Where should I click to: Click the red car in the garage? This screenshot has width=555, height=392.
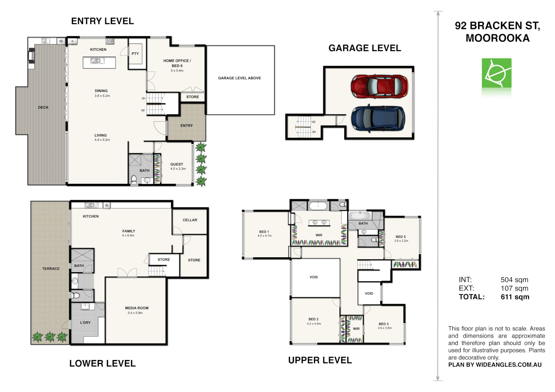[x=379, y=86]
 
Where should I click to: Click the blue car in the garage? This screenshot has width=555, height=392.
[x=378, y=118]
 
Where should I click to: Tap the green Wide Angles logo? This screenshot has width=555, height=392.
[x=497, y=73]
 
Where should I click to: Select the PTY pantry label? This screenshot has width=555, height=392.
[x=135, y=54]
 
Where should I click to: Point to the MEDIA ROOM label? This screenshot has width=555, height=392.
[x=137, y=308]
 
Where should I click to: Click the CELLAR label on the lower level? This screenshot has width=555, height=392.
[x=190, y=220]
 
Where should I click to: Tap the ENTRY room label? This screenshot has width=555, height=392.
[x=186, y=126]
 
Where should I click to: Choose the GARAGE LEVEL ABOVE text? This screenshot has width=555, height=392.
[x=239, y=78]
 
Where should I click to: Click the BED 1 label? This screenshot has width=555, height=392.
[x=264, y=232]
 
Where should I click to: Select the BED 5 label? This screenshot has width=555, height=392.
[x=401, y=237]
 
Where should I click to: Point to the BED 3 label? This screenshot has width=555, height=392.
[x=384, y=324]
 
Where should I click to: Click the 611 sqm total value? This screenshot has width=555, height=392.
[x=515, y=297]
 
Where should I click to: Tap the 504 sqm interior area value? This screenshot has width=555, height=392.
[x=514, y=280]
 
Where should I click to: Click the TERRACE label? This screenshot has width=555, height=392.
[x=51, y=269]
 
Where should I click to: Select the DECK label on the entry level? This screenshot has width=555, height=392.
[x=43, y=107]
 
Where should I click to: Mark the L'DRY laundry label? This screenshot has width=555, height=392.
[x=85, y=323]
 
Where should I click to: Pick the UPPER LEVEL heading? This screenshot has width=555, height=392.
[x=320, y=360]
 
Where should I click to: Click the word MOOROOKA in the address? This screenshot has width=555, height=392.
[x=497, y=38]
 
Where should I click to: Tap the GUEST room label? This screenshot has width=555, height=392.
[x=177, y=164]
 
